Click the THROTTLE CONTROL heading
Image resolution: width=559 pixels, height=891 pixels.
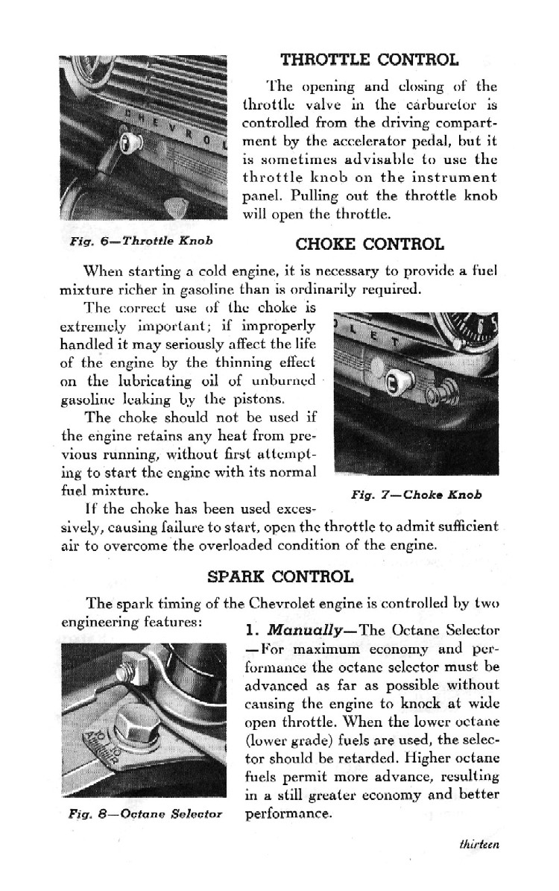click(369, 59)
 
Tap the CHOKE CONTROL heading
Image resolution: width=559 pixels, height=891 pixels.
click(370, 244)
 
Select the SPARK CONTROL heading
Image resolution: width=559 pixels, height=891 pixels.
click(279, 576)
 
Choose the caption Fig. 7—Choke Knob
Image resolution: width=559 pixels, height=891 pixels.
click(417, 494)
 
